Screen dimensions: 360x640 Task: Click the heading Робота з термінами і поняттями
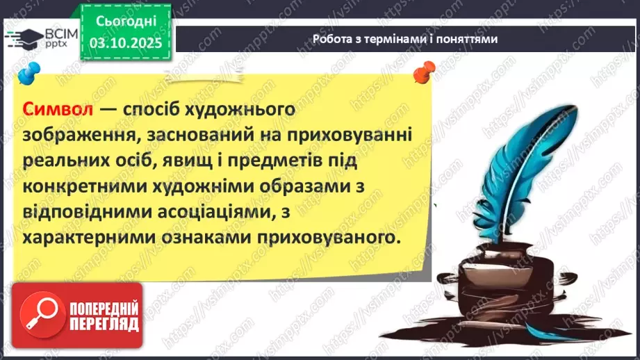(x=404, y=39)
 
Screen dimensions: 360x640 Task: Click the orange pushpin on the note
(x=421, y=71)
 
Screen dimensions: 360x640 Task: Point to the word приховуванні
(x=356, y=136)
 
